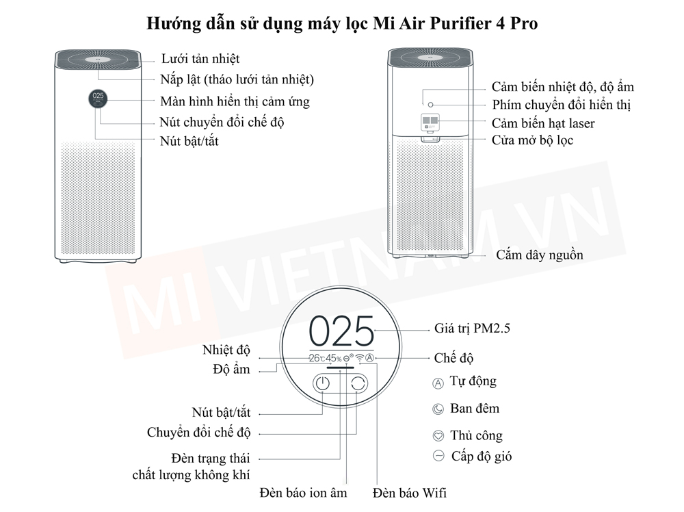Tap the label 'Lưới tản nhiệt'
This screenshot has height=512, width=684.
[200, 59]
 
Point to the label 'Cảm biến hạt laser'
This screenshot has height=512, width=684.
[543, 123]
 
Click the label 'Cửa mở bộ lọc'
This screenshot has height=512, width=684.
[532, 140]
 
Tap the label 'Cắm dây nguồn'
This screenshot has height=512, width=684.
[540, 255]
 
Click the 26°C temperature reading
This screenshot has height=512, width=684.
[316, 358]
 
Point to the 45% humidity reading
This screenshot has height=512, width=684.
[333, 358]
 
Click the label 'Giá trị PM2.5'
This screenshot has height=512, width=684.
[472, 328]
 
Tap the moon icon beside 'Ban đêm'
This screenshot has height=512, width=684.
[438, 409]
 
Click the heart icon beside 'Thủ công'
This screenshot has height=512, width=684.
[438, 436]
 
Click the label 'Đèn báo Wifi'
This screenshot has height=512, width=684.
[410, 492]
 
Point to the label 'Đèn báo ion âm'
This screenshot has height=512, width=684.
[303, 492]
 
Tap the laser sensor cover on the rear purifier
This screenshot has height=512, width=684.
[430, 124]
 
